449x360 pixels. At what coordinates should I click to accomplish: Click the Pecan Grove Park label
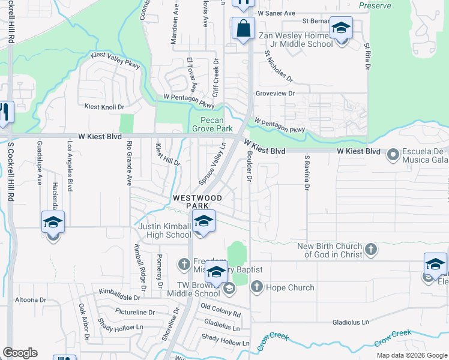pos(212,124)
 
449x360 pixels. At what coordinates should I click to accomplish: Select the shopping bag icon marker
pos(243,28)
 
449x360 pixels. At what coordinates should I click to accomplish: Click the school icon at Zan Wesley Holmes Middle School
pos(341,28)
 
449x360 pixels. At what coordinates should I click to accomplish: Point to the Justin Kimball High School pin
pos(203,221)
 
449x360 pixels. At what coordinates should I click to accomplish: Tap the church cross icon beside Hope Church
pos(257,287)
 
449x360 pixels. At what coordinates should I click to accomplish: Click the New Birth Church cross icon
pos(371,250)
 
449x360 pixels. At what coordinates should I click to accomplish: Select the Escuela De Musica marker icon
pos(394,155)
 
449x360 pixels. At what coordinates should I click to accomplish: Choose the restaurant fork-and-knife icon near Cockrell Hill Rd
pos(4,112)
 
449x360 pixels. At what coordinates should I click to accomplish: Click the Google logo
pos(20,353)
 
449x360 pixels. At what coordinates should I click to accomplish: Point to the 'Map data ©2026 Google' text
pos(411,355)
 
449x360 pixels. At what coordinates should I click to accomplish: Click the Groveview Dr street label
pos(275,94)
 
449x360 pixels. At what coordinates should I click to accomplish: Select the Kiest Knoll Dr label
pos(104,107)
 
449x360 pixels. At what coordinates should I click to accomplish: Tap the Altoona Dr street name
pos(31,299)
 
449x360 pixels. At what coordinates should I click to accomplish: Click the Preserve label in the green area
pos(375,6)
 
